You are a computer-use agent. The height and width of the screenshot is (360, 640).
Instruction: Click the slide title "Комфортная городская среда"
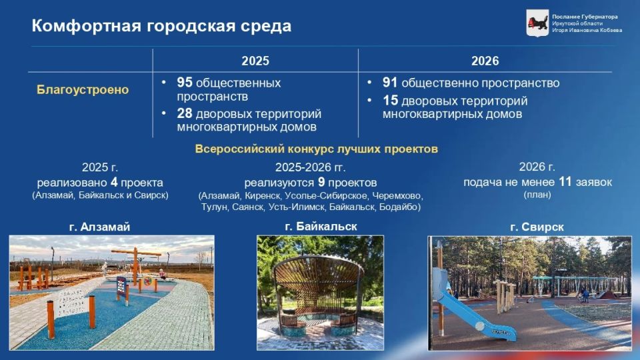click(x=161, y=26)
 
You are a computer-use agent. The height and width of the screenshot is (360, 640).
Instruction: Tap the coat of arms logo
click(x=537, y=23)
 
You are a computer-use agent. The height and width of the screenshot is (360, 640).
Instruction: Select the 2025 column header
click(x=255, y=61)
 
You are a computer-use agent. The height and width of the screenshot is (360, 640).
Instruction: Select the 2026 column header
click(x=485, y=61)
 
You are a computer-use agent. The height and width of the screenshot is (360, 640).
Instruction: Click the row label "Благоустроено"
click(x=83, y=89)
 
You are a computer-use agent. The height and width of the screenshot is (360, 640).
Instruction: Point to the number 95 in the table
click(x=185, y=83)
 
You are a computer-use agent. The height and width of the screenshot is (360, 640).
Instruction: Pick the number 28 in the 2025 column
click(x=185, y=114)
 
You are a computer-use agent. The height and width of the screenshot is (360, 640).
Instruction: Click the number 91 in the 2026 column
click(x=390, y=83)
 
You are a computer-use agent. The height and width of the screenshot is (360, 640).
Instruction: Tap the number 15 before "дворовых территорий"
click(x=390, y=101)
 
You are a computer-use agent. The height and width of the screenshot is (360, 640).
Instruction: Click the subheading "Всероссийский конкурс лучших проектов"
click(x=317, y=149)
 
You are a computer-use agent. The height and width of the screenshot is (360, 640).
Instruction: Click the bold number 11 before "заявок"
click(x=565, y=181)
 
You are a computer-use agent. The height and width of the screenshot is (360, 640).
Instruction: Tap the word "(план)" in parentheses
click(x=537, y=195)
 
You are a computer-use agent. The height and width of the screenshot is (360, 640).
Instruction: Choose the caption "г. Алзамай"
click(x=99, y=227)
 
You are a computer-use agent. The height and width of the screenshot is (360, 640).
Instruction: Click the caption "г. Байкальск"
click(x=321, y=227)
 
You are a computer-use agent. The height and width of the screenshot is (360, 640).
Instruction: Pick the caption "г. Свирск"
click(x=537, y=227)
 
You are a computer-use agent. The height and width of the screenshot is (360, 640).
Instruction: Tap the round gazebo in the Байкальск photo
click(x=319, y=290)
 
